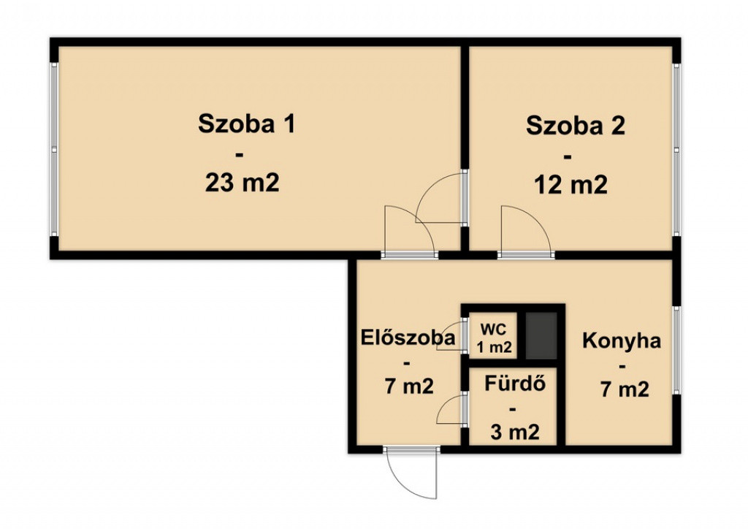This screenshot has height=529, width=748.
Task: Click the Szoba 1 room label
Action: pyautogui.click(x=247, y=124)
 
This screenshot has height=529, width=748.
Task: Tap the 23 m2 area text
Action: pyautogui.click(x=242, y=183)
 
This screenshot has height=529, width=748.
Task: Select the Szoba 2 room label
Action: pyautogui.click(x=576, y=126)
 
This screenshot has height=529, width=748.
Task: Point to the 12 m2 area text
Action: pyautogui.click(x=570, y=185)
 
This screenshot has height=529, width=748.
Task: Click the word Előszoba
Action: pyautogui.click(x=408, y=338)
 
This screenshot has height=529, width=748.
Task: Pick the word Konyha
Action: pyautogui.click(x=622, y=341)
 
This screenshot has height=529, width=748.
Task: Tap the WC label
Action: pyautogui.click(x=494, y=329)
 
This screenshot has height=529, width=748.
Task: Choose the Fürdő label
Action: pyautogui.click(x=515, y=384)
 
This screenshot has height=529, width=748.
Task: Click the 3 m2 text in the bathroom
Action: pyautogui.click(x=515, y=432)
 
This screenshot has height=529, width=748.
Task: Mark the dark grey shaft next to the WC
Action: pyautogui.click(x=541, y=335)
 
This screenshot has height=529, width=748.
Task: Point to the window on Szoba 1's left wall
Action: pyautogui.click(x=54, y=149)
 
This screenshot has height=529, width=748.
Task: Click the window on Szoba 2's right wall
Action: pyautogui.click(x=676, y=150)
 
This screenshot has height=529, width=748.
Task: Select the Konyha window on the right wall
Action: pyautogui.click(x=676, y=350)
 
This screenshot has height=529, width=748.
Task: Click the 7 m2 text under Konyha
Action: pyautogui.click(x=625, y=389)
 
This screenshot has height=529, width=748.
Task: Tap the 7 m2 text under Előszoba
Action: pyautogui.click(x=409, y=386)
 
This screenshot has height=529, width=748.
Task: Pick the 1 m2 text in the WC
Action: pyautogui.click(x=495, y=347)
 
